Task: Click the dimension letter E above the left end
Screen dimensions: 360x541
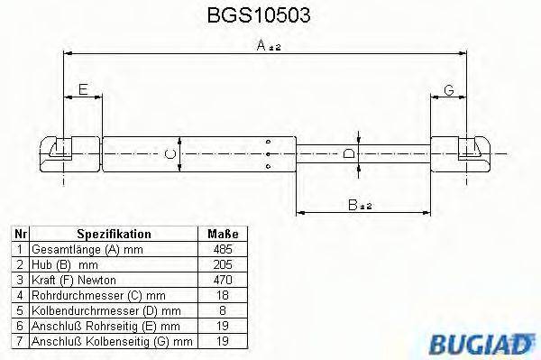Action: coord(83,89)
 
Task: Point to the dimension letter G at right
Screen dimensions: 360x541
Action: coord(448,89)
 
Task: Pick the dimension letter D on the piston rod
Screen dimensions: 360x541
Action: coord(349,153)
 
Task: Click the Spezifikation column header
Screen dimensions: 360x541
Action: coord(114,234)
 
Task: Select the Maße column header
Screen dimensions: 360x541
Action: coord(220,234)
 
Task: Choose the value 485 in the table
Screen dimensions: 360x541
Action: coord(220,248)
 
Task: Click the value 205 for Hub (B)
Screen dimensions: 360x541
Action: coord(220,263)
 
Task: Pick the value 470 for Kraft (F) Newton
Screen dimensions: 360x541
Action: coord(220,279)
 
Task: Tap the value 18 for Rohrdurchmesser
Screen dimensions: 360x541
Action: coord(220,294)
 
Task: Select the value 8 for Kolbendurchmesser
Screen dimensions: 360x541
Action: coord(220,309)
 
